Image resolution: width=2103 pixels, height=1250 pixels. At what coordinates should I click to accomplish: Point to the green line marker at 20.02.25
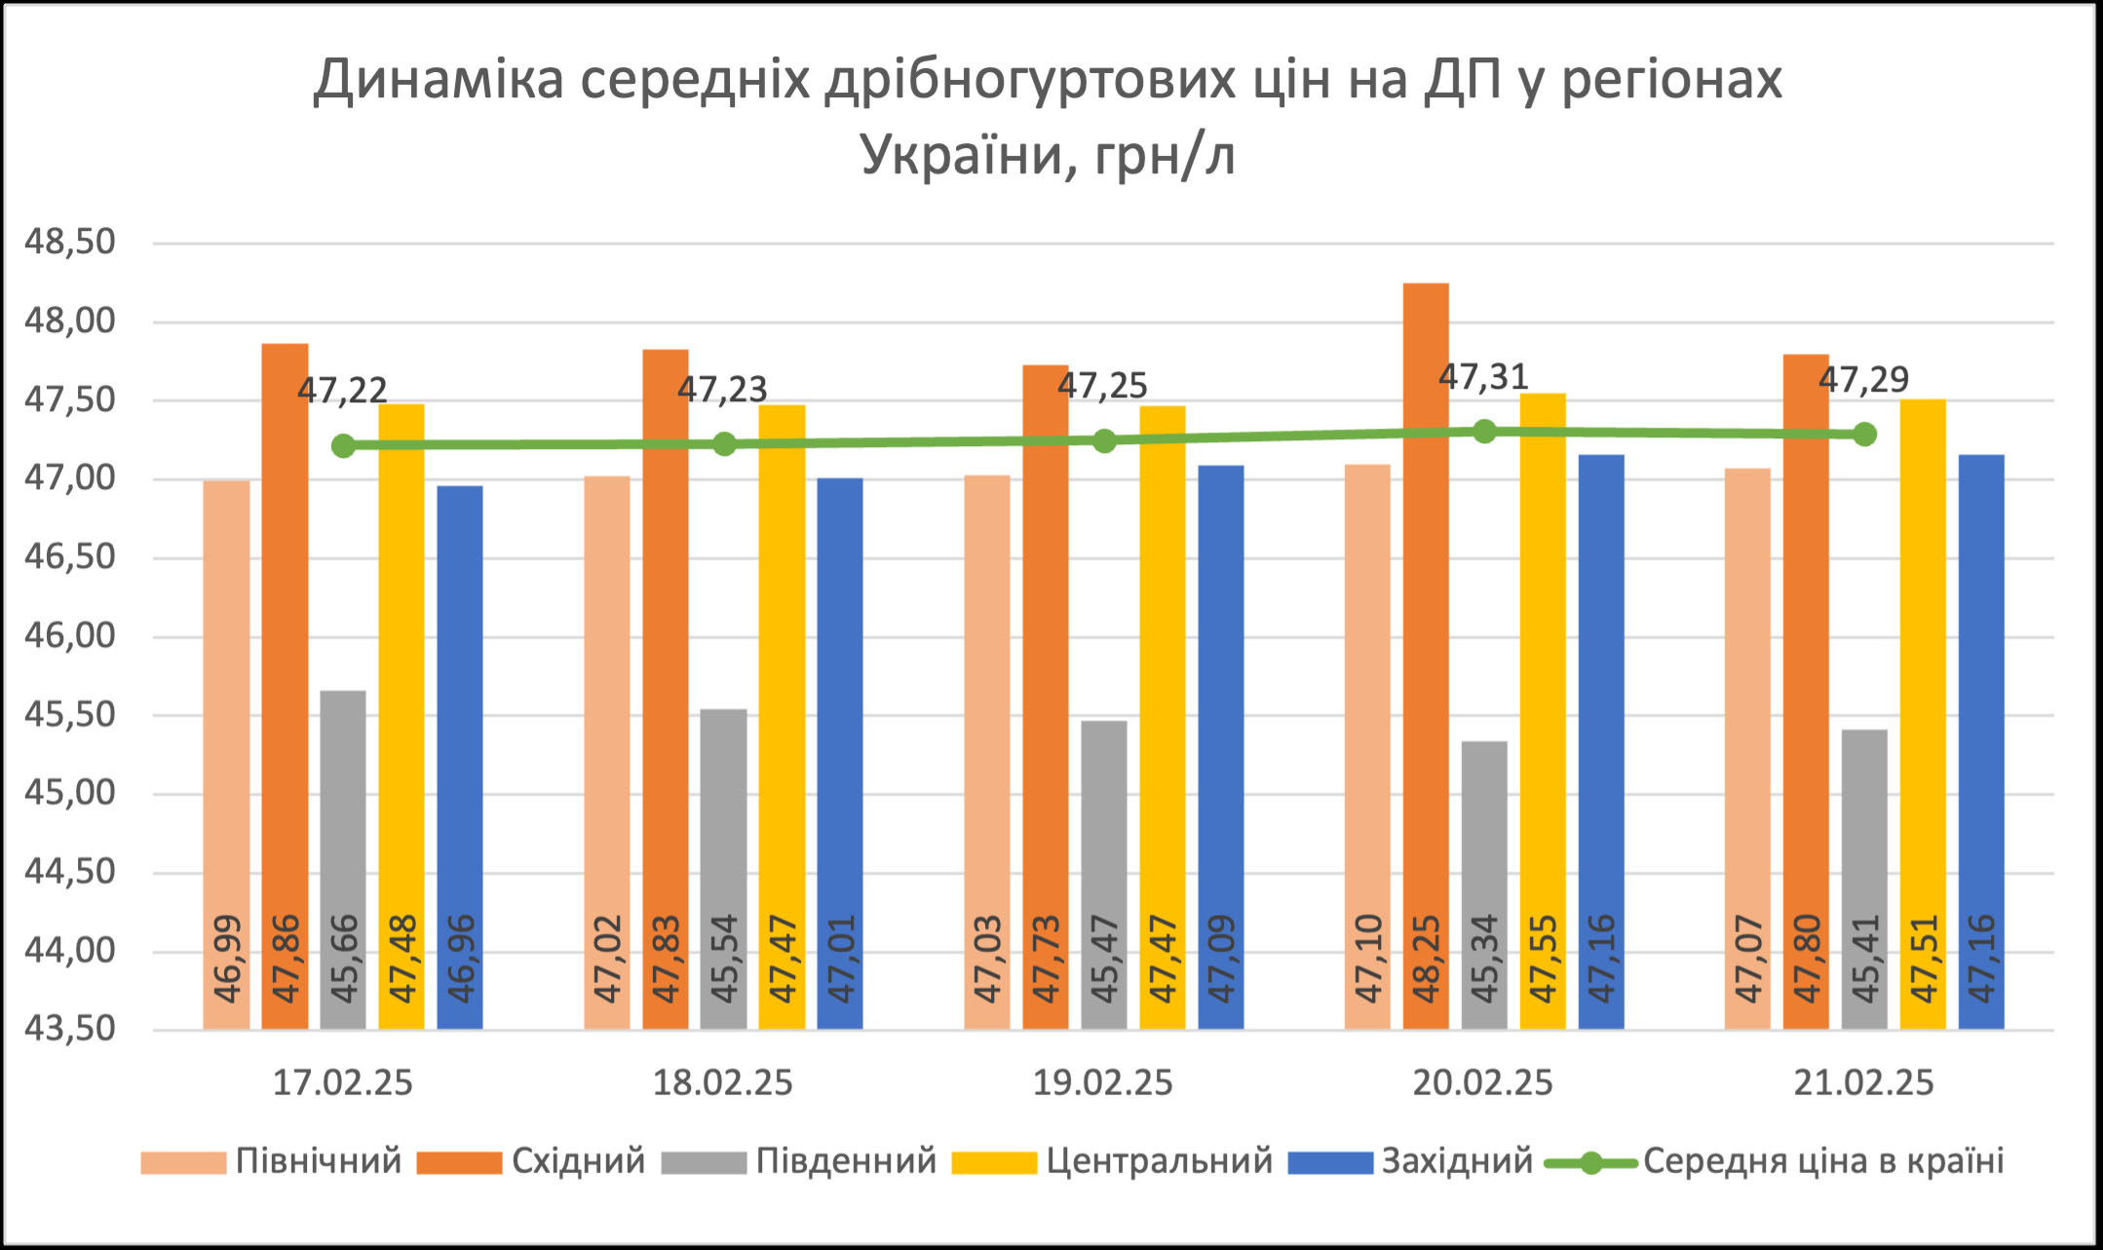(x=1484, y=431)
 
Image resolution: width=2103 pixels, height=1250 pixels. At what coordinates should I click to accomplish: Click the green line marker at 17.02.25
(x=343, y=445)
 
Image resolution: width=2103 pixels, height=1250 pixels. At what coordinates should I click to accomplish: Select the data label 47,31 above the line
(x=1483, y=377)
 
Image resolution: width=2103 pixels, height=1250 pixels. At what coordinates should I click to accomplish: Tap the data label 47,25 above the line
(x=1102, y=387)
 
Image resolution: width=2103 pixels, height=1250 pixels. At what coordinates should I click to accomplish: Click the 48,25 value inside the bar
(x=1427, y=959)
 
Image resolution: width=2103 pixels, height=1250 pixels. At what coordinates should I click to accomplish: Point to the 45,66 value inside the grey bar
(x=344, y=959)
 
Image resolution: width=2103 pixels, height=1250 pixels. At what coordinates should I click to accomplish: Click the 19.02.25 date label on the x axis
(x=1102, y=1083)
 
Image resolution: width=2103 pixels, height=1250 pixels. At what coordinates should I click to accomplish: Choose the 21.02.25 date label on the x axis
(x=1863, y=1083)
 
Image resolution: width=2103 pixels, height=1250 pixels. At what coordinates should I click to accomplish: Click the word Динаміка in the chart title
(x=439, y=80)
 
